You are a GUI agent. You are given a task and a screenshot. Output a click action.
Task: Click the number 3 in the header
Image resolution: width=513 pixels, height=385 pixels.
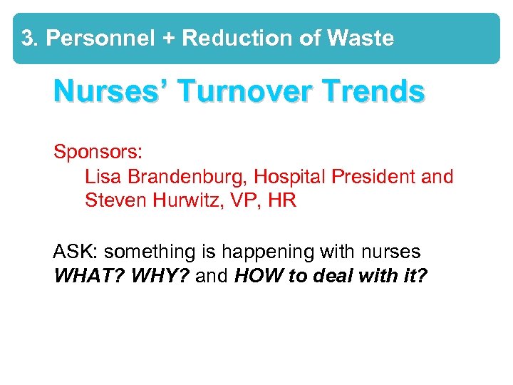(x=27, y=38)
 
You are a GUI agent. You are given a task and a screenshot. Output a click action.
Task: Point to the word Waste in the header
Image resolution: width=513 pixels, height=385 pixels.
(x=361, y=38)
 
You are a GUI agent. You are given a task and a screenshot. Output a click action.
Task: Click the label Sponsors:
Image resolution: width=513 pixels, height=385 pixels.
(x=98, y=153)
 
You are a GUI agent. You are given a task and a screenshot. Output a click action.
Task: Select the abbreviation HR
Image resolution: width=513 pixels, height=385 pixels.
(x=283, y=200)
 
